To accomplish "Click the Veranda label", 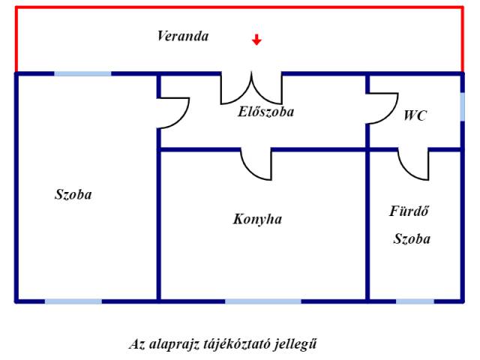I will pos(183,36).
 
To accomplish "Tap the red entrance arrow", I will pos(256,40).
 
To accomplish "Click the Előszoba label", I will pos(266,112).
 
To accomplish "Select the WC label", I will pos(415,116).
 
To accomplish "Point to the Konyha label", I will pos(257,220).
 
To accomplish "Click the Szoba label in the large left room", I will pos(73,194).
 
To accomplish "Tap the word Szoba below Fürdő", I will pos(412,239).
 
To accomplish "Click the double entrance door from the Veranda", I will pos(251,88).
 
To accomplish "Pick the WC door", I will pos(381,107).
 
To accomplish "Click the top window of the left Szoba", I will pos(82,73).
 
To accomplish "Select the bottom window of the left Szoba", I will pos(73,301).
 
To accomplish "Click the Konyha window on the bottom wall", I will pos(262,301).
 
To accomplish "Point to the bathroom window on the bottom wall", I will pos(415,301).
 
